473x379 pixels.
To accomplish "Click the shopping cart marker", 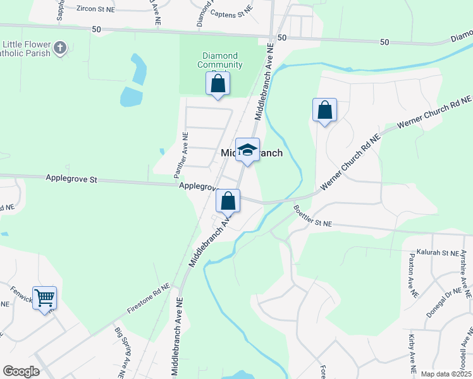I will pos(44,297).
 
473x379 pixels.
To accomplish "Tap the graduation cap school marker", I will pos(248,150).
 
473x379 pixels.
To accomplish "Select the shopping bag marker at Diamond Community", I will pos(218,83).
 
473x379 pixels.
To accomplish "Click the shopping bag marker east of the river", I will pos(324,110).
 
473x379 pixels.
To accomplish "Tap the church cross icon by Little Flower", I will pos(60,49).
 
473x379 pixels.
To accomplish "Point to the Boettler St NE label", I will pos(312,215).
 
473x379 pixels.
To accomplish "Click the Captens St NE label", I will pos(231,13).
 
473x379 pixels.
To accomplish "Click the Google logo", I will pos(21,371).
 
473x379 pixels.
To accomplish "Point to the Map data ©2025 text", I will pos(446,374).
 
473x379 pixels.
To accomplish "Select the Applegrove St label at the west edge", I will pos(71,179).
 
